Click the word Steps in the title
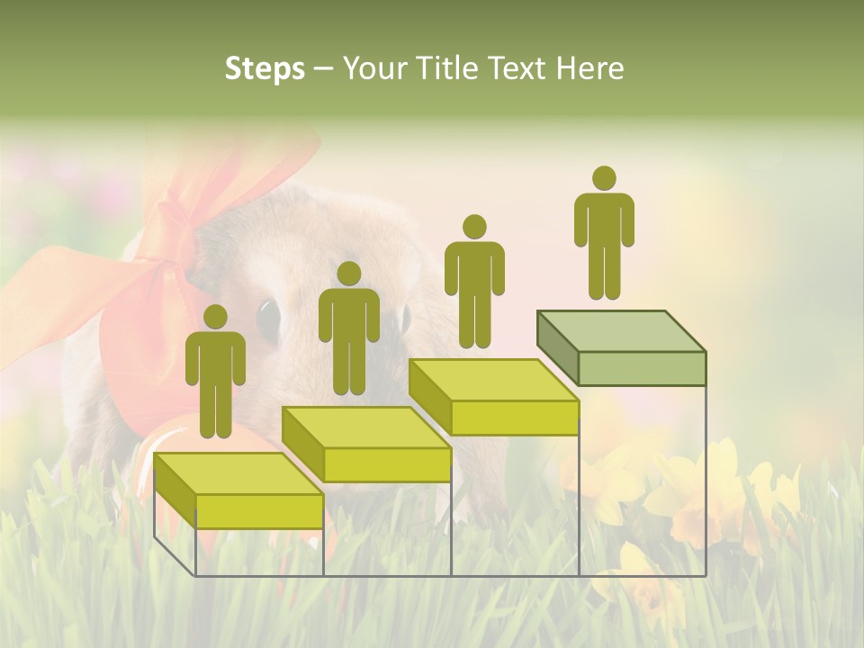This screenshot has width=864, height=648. point(265,69)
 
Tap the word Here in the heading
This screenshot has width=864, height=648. point(590,68)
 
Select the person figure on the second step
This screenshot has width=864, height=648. point(348,328)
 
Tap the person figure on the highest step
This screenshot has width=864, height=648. point(604,232)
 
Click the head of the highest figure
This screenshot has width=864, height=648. point(604,178)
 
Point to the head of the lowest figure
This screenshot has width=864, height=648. point(215,317)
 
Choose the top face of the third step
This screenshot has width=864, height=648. point(493,380)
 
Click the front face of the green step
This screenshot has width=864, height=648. point(642,368)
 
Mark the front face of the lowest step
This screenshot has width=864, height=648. point(259,511)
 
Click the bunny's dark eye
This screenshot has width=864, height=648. point(268,315)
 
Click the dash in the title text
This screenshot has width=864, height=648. point(324,69)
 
